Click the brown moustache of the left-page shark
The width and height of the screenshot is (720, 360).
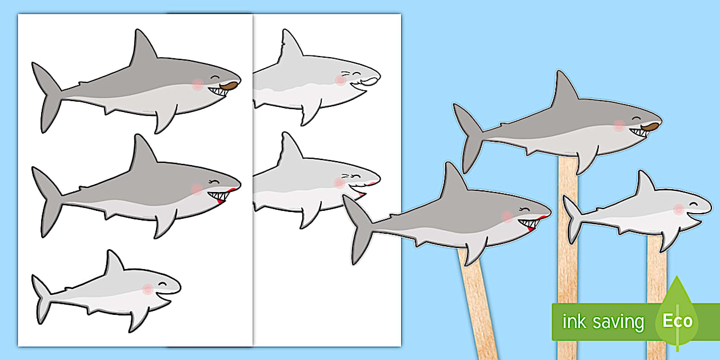click(x=229, y=86)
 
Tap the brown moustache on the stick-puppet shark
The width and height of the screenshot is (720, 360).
click(x=650, y=127)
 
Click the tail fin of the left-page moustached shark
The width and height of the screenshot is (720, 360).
click(x=47, y=97)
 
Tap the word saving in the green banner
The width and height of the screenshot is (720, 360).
click(x=619, y=322)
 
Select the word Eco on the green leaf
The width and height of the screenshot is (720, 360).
click(x=677, y=321)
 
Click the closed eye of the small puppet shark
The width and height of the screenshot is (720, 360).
click(x=694, y=204)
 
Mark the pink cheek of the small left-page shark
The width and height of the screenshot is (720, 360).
click(x=147, y=289)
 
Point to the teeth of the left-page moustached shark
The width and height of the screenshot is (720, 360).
click(x=218, y=91)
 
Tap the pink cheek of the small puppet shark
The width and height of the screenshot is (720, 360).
click(x=678, y=209)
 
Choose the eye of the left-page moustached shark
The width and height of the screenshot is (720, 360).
click(x=215, y=77)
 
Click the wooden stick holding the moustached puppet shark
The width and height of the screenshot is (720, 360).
click(x=568, y=257)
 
